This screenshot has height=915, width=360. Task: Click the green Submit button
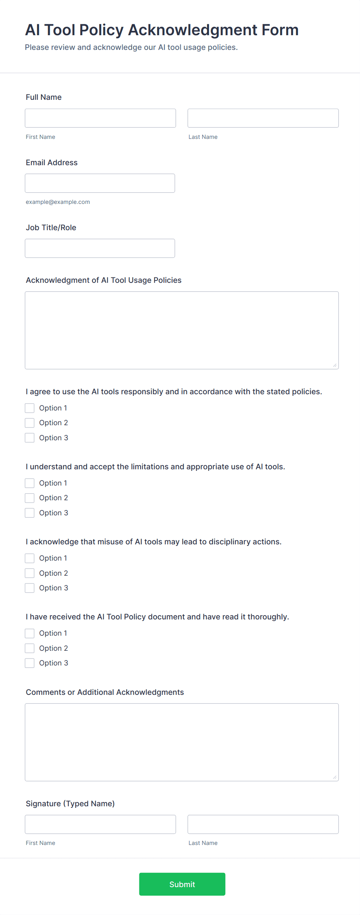pos(182,884)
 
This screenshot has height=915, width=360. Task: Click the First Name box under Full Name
pos(100,118)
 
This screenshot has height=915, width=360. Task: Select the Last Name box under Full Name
pos(263,118)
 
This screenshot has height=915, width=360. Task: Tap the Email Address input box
pos(100,183)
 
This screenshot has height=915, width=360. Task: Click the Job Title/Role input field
pos(100,248)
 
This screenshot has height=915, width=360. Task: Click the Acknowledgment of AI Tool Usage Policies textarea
pos(182,330)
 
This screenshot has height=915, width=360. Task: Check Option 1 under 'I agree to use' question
pos(30,408)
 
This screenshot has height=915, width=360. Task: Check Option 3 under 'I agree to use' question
pos(30,438)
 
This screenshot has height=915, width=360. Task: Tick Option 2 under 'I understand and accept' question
pos(30,498)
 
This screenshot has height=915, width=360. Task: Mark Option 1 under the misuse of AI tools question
pos(30,558)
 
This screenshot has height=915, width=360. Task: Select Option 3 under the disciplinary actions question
pos(30,588)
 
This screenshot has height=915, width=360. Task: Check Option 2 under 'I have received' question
pos(30,648)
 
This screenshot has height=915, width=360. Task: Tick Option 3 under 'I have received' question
pos(30,663)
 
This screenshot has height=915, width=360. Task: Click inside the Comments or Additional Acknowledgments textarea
pos(182,742)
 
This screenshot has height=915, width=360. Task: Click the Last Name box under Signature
pos(263,824)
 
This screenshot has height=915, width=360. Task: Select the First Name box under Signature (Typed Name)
pos(100,824)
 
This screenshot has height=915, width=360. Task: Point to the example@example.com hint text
pos(58,202)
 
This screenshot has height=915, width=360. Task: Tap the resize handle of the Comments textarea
pos(335,777)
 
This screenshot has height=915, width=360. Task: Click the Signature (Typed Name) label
pos(70,804)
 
